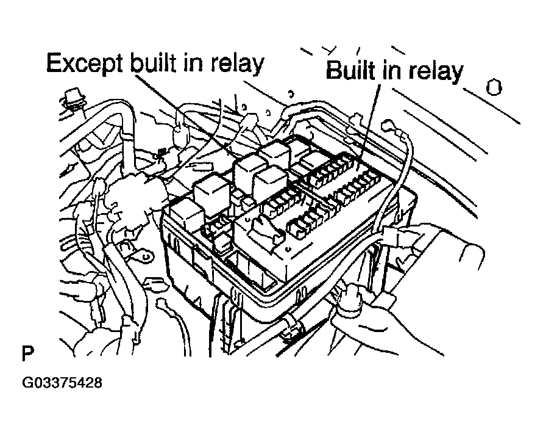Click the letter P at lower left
pyautogui.click(x=27, y=353)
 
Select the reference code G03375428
pyautogui.click(x=62, y=384)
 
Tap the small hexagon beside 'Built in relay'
pyautogui.click(x=494, y=87)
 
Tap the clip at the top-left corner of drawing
pyautogui.click(x=73, y=101)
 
